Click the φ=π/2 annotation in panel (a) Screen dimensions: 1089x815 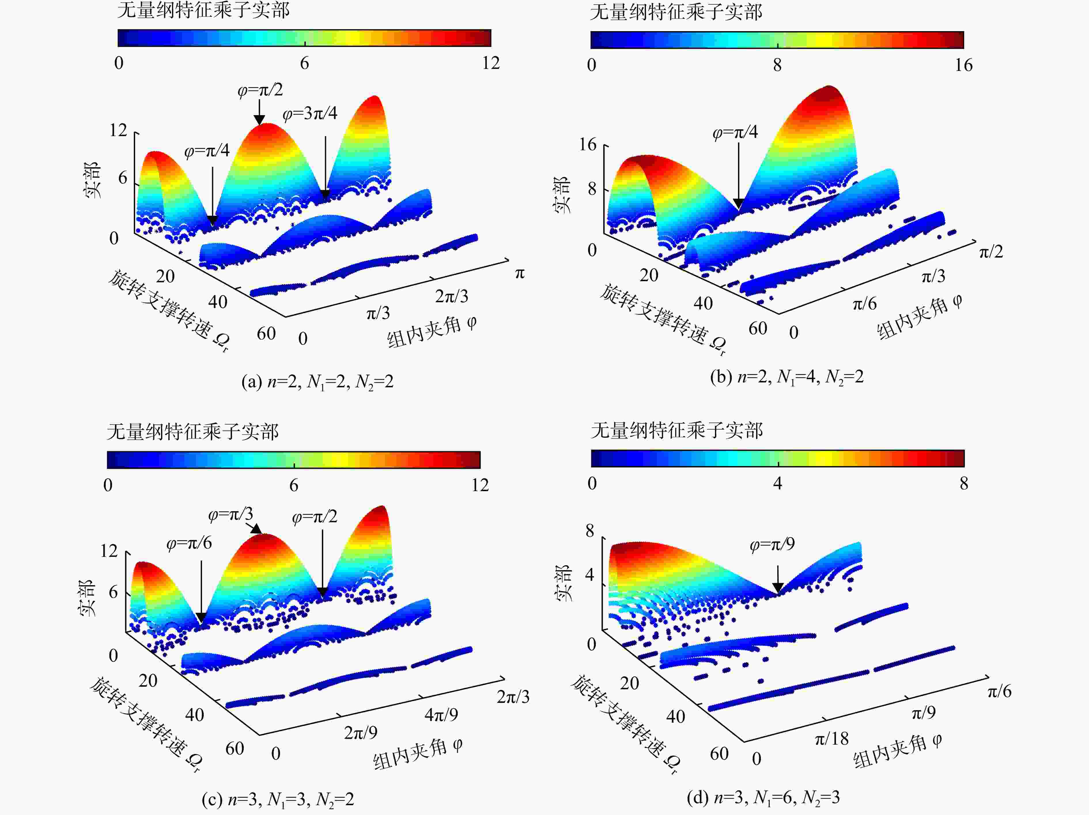pyautogui.click(x=260, y=90)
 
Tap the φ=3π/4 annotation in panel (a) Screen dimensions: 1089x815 pyautogui.click(x=310, y=114)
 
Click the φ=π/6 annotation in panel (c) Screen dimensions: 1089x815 pyautogui.click(x=189, y=543)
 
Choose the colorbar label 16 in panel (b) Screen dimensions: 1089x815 pyautogui.click(x=963, y=65)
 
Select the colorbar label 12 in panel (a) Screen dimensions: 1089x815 pyautogui.click(x=491, y=63)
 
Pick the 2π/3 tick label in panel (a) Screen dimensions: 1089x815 pyautogui.click(x=451, y=296)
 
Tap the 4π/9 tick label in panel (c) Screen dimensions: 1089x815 pyautogui.click(x=441, y=714)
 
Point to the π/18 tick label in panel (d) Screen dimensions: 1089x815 pyautogui.click(x=832, y=739)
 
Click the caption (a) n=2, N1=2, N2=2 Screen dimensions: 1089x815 pyautogui.click(x=317, y=382)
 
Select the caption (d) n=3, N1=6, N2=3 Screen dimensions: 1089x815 pyautogui.click(x=763, y=797)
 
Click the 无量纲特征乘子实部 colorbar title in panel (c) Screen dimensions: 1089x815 pyautogui.click(x=193, y=432)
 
